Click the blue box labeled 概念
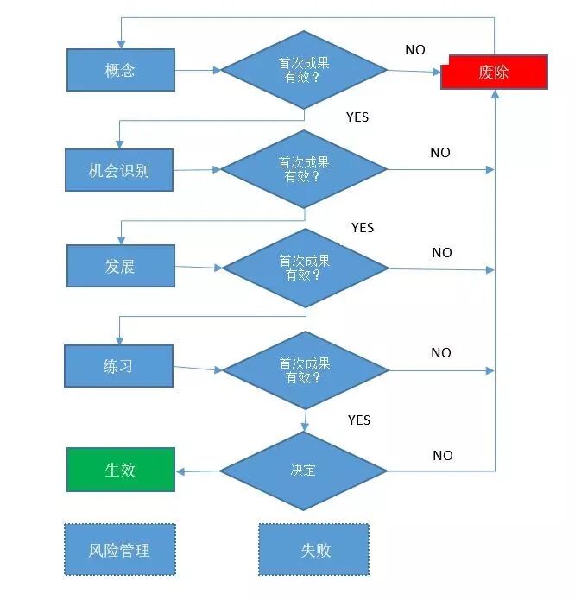click(120, 70)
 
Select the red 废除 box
click(494, 72)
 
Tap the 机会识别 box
click(119, 170)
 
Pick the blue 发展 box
click(120, 266)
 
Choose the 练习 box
click(118, 366)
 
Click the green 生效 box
click(120, 470)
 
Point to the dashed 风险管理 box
click(119, 550)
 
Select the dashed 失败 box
click(314, 550)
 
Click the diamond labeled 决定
click(303, 471)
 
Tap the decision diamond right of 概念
click(303, 70)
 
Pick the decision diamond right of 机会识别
click(303, 169)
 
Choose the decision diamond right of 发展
click(305, 268)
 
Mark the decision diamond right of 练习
click(306, 370)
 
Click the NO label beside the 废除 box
click(415, 50)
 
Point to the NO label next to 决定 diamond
click(442, 456)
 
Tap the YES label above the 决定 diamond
click(359, 420)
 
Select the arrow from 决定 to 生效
click(198, 471)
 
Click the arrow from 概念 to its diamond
click(198, 70)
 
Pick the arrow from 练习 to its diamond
click(198, 369)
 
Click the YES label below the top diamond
click(357, 117)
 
